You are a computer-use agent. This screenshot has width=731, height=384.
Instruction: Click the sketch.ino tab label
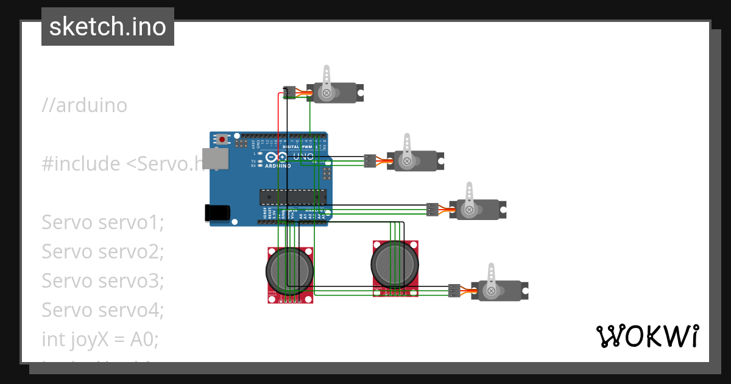107,27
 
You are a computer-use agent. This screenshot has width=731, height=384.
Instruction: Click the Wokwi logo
646,336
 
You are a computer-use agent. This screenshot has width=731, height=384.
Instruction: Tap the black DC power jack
217,212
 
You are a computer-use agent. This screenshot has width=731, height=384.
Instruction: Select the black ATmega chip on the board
292,196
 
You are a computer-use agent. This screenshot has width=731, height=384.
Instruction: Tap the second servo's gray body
420,161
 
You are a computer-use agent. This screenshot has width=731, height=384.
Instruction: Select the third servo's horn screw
469,210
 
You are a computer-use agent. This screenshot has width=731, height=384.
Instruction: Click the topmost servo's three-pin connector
290,93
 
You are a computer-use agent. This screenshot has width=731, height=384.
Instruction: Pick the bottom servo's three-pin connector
454,291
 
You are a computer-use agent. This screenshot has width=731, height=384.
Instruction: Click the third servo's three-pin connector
432,210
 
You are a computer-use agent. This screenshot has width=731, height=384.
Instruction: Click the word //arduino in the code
85,105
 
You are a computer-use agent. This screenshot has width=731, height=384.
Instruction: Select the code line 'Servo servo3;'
102,281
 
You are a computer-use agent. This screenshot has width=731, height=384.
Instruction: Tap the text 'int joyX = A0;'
100,339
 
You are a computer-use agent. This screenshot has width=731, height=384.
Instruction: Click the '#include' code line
122,164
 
